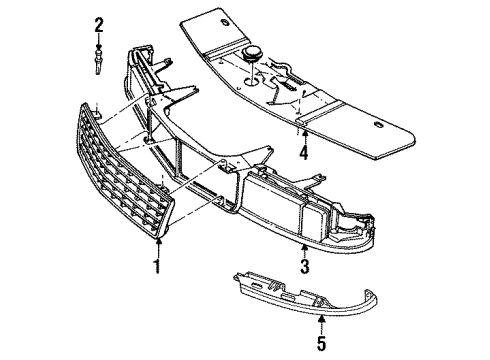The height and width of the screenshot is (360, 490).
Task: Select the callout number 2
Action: click(99, 23)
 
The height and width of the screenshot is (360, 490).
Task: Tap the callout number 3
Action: click(304, 265)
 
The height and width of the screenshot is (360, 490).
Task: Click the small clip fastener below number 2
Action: click(99, 62)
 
